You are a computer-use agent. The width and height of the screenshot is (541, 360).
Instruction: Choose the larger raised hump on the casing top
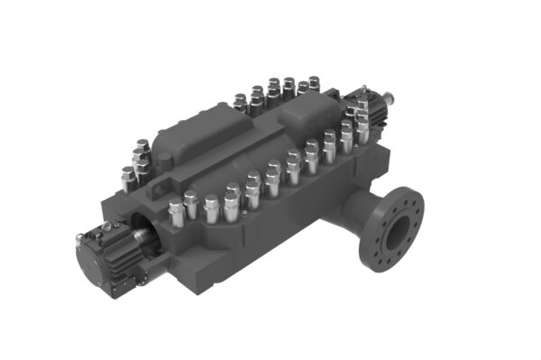194,135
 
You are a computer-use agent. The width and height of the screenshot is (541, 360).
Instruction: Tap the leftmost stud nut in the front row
177,213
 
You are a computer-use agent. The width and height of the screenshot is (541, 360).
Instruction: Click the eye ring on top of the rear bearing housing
360,89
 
